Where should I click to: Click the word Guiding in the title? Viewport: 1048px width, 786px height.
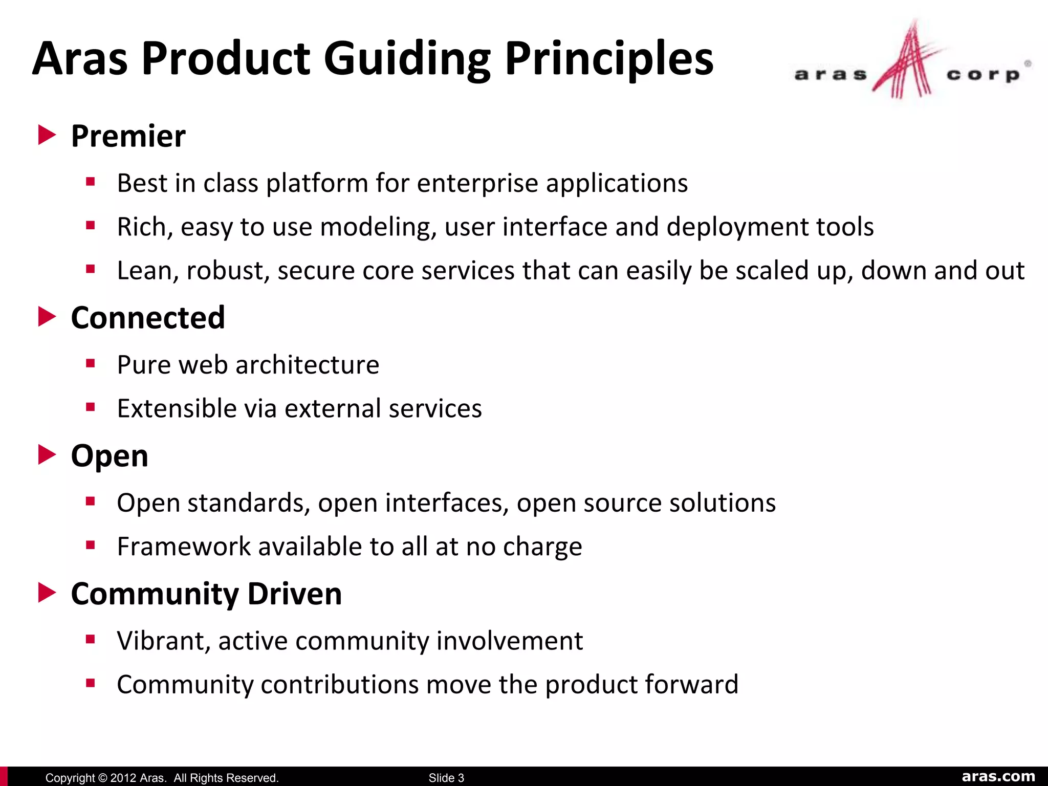tap(406, 59)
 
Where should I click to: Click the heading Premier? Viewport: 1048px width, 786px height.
tap(128, 136)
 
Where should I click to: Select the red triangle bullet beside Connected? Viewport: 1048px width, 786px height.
tap(47, 317)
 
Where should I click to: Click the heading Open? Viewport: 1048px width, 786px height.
tap(110, 456)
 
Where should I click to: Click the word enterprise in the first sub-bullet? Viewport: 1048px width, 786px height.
tap(477, 183)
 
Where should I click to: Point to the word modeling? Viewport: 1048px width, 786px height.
tap(378, 227)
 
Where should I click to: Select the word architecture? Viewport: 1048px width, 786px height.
tap(307, 365)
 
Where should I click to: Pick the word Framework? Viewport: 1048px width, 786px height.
tap(184, 547)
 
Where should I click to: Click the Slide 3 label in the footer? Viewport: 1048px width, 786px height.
tap(446, 778)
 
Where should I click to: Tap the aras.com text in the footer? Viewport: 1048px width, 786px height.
tap(998, 776)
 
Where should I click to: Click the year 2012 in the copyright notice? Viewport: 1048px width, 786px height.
tap(123, 778)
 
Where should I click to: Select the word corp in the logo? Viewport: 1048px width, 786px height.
tap(982, 75)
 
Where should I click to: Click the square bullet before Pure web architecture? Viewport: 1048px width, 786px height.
tap(91, 364)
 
